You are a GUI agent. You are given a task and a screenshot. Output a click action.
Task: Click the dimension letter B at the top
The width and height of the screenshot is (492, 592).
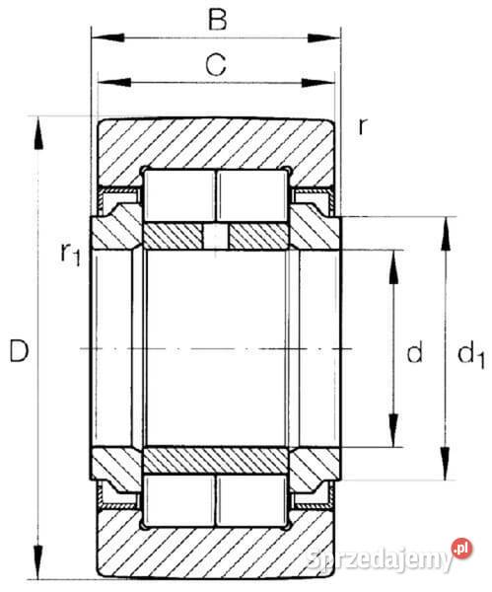(x=218, y=20)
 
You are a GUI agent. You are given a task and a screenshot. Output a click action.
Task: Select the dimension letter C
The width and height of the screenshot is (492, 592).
(x=216, y=64)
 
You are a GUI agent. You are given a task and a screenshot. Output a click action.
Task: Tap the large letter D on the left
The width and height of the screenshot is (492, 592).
(x=19, y=351)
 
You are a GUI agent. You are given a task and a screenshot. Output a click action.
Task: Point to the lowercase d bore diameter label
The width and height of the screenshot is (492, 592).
(x=415, y=351)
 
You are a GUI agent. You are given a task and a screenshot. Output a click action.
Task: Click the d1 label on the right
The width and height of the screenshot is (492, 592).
(x=470, y=354)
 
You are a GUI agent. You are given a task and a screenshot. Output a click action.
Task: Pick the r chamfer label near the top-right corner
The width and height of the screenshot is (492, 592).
(x=362, y=126)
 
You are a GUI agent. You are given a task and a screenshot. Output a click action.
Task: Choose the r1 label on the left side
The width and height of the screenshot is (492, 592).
(x=71, y=254)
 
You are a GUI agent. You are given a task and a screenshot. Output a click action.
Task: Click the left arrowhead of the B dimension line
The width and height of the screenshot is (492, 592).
(x=107, y=37)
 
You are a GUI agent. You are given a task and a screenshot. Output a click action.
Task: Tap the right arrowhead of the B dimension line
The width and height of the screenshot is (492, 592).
(x=323, y=37)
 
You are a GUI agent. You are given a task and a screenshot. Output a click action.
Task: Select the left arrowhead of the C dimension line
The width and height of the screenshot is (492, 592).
(x=114, y=82)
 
